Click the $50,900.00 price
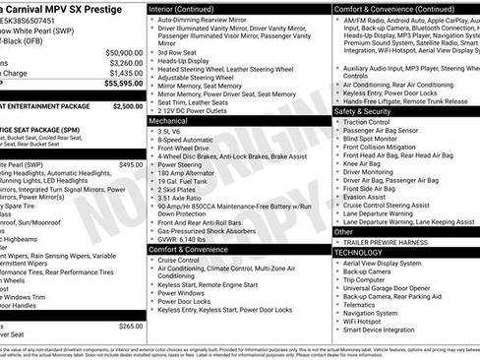click(x=121, y=52)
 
